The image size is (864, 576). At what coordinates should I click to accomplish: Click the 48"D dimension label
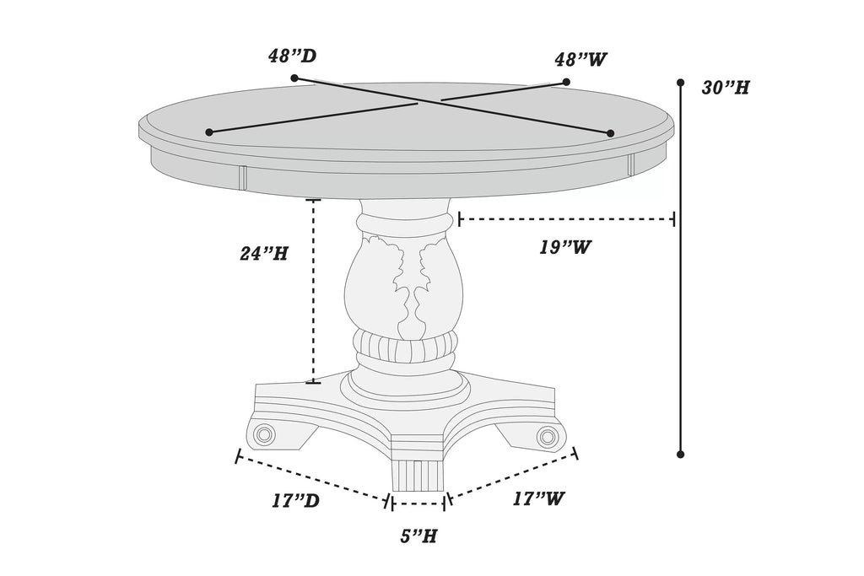293,57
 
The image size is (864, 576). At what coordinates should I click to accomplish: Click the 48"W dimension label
580,59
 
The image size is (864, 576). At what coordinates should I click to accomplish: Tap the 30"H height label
726,88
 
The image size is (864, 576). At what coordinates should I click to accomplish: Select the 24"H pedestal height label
263,253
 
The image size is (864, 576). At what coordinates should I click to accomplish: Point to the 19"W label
565,247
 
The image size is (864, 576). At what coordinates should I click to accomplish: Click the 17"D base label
296,501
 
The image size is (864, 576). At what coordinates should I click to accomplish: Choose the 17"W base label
539,498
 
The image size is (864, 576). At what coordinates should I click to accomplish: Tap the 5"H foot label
418,536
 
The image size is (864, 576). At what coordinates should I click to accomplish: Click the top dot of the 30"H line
681,83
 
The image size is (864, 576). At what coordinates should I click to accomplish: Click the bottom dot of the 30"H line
681,455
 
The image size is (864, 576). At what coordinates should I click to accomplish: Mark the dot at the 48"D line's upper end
294,78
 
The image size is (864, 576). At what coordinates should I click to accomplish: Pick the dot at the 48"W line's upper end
566,82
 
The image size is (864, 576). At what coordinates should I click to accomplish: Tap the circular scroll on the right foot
547,437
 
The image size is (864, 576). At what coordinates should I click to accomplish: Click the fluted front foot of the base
418,475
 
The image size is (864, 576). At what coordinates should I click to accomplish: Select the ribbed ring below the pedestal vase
407,346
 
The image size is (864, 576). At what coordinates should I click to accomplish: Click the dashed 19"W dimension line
566,219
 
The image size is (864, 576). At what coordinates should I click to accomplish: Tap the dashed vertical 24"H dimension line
314,291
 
